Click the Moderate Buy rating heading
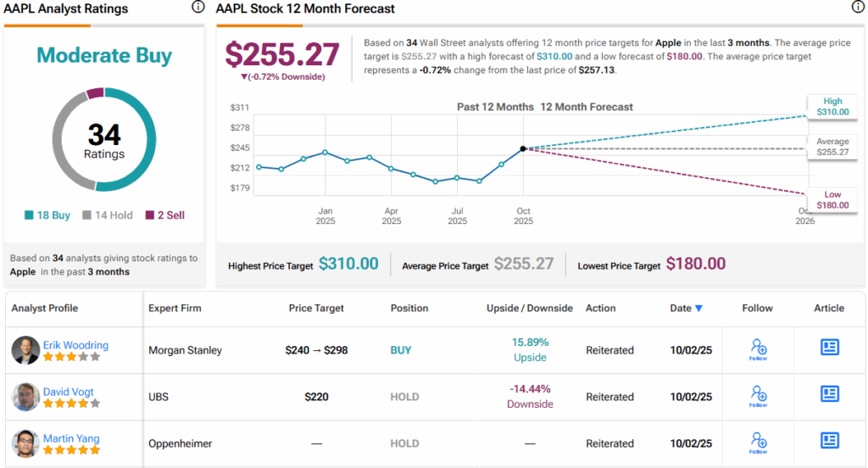(104, 56)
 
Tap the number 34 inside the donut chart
(104, 135)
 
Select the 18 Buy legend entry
(48, 215)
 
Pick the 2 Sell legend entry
(164, 215)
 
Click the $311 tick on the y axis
(240, 108)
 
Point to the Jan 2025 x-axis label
(325, 215)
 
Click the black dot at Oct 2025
(523, 148)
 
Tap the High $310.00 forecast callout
(832, 106)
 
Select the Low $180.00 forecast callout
(832, 199)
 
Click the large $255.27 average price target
(282, 54)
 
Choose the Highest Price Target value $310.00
(348, 264)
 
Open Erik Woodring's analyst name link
(75, 344)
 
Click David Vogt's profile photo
(25, 397)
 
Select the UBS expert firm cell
(159, 397)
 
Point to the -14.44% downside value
(530, 389)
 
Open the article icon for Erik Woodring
(829, 347)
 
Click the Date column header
(686, 308)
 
